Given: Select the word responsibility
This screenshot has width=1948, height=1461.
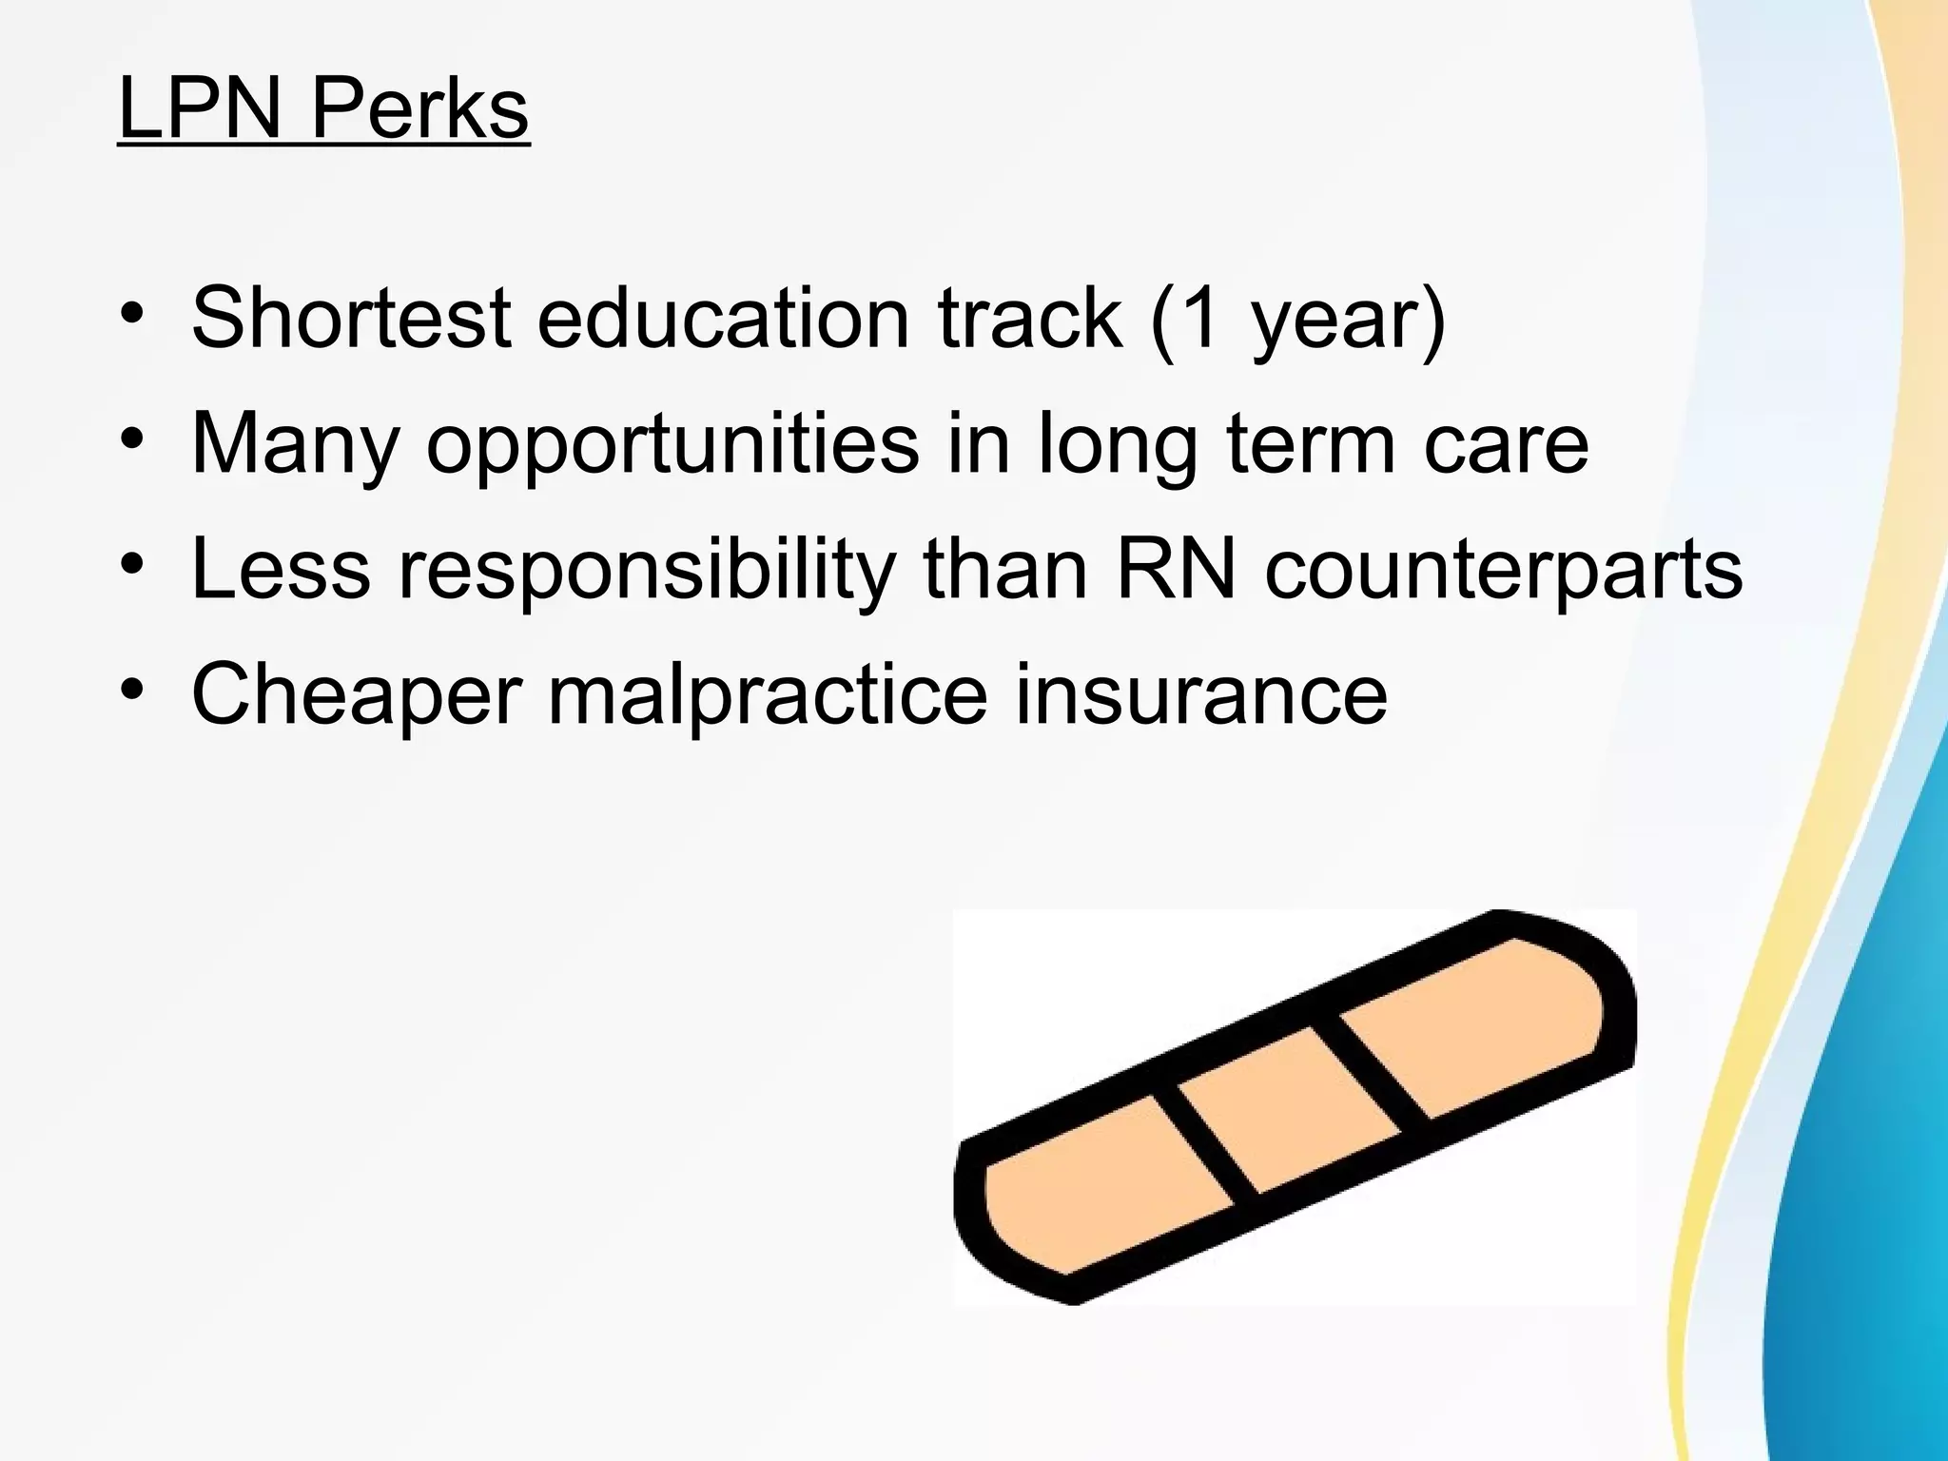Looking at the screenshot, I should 647,571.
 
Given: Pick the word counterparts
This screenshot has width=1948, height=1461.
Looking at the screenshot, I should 1503,571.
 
